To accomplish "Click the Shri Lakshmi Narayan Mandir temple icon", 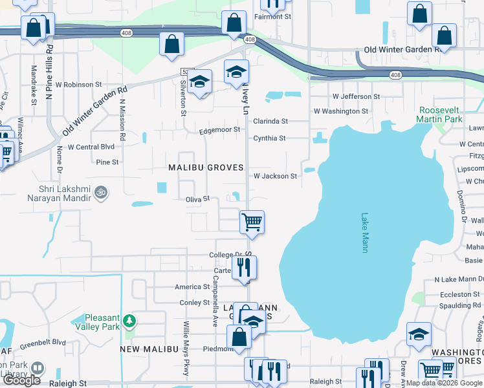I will [x=100, y=191].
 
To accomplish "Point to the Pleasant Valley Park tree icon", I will [x=129, y=320].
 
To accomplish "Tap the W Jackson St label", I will [x=275, y=176].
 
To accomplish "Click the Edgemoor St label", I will [x=219, y=129].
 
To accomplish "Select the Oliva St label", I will [x=198, y=199].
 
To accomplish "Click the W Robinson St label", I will [x=79, y=84].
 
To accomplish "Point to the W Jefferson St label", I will [x=356, y=96].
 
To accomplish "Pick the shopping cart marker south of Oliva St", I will [x=251, y=222].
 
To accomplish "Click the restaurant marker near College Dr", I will [x=245, y=268].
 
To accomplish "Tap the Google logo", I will [x=21, y=381].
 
